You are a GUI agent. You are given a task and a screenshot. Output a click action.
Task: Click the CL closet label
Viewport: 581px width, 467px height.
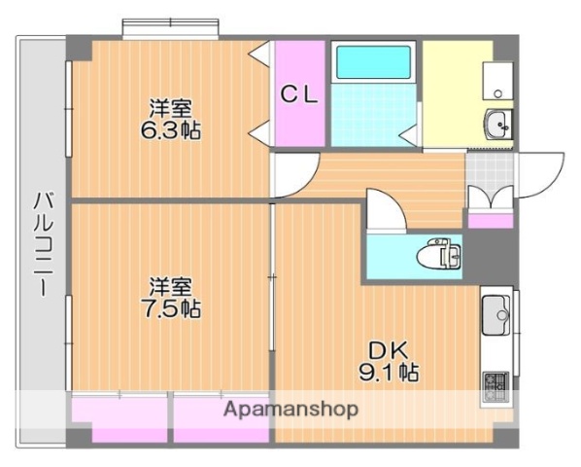299,94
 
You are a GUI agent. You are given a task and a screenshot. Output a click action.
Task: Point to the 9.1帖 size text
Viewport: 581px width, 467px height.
393,372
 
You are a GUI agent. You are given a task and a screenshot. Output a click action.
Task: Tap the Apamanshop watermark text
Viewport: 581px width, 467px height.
290,409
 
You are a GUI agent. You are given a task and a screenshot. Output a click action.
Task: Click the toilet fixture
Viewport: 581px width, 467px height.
440,256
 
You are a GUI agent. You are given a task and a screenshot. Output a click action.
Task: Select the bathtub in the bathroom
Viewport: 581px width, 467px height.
374,63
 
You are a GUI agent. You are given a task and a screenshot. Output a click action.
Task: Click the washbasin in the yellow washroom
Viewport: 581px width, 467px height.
499,125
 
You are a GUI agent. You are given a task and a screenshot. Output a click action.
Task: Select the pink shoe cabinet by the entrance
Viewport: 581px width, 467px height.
490,221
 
